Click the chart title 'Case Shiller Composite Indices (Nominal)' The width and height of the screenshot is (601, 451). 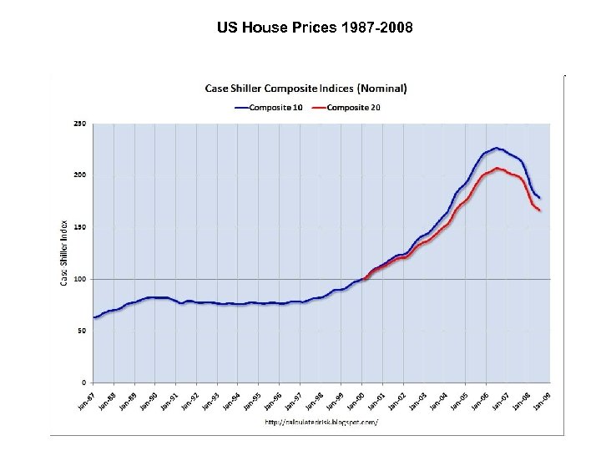coord(306,88)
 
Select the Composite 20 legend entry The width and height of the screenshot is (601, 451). coord(356,106)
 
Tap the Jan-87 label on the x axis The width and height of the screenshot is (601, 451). coord(85,400)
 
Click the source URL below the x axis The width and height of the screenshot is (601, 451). coord(321,423)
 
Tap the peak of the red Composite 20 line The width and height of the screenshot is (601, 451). coord(497,168)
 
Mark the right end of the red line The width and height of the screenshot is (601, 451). coord(540,210)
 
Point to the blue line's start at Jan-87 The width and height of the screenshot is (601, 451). coord(93,317)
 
